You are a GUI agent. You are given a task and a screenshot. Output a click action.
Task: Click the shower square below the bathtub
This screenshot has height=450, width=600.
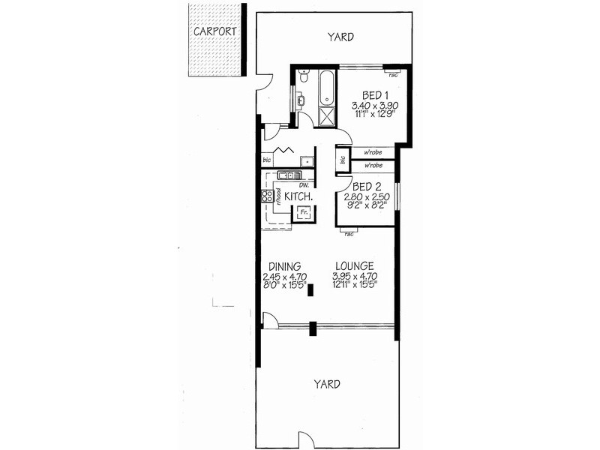point(326,117)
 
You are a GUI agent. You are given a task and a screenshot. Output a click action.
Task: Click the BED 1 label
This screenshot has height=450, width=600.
point(375,95)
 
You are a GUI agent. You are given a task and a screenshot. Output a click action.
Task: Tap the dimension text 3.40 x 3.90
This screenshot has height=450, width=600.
point(374,106)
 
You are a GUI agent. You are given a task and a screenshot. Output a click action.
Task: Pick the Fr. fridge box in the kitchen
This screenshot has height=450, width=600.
point(304,213)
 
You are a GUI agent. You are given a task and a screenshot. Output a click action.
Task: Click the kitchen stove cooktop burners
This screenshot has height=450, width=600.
point(265,197)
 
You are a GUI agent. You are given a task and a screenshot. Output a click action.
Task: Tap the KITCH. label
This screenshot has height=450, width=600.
point(298,196)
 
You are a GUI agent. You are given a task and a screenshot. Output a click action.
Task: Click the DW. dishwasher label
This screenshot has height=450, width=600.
point(304,184)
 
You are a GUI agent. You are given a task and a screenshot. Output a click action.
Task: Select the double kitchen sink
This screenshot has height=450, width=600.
point(286,175)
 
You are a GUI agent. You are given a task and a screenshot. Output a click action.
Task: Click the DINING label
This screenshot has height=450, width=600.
point(285,265)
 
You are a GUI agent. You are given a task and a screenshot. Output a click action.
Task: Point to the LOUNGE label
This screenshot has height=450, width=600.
point(353,265)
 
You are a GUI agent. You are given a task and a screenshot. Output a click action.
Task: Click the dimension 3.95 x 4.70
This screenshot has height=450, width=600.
point(353,276)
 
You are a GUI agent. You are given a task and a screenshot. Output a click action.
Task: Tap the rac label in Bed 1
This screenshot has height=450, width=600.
point(393,74)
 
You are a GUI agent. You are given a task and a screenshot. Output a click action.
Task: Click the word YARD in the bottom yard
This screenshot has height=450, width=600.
point(327,383)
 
